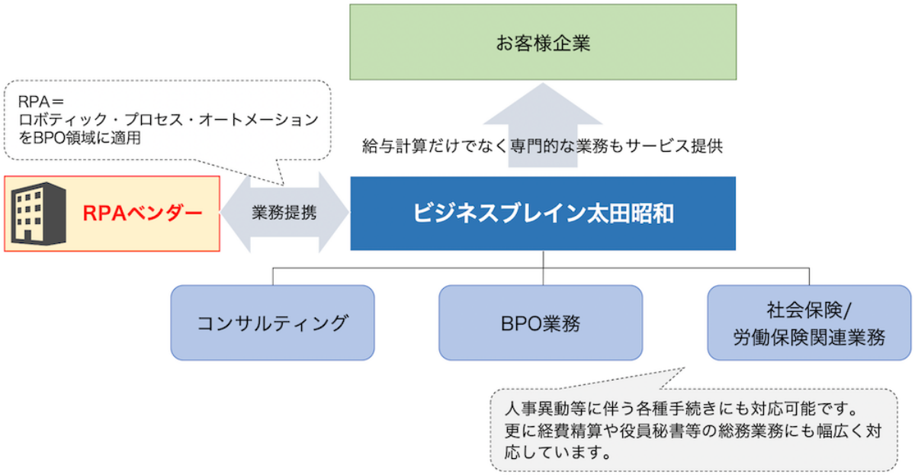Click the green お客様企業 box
pyautogui.click(x=543, y=42)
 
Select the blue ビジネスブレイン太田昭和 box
pyautogui.click(x=543, y=213)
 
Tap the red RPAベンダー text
pyautogui.click(x=143, y=213)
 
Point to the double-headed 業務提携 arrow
pyautogui.click(x=284, y=213)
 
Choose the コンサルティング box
pyautogui.click(x=272, y=323)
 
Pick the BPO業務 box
pyautogui.click(x=541, y=323)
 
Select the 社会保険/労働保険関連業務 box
pyautogui.click(x=809, y=323)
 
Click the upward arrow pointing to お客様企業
pyautogui.click(x=543, y=114)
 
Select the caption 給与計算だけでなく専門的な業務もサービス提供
pyautogui.click(x=542, y=147)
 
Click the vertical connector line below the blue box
pyautogui.click(x=543, y=259)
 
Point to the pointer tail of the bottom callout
pyautogui.click(x=671, y=377)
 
